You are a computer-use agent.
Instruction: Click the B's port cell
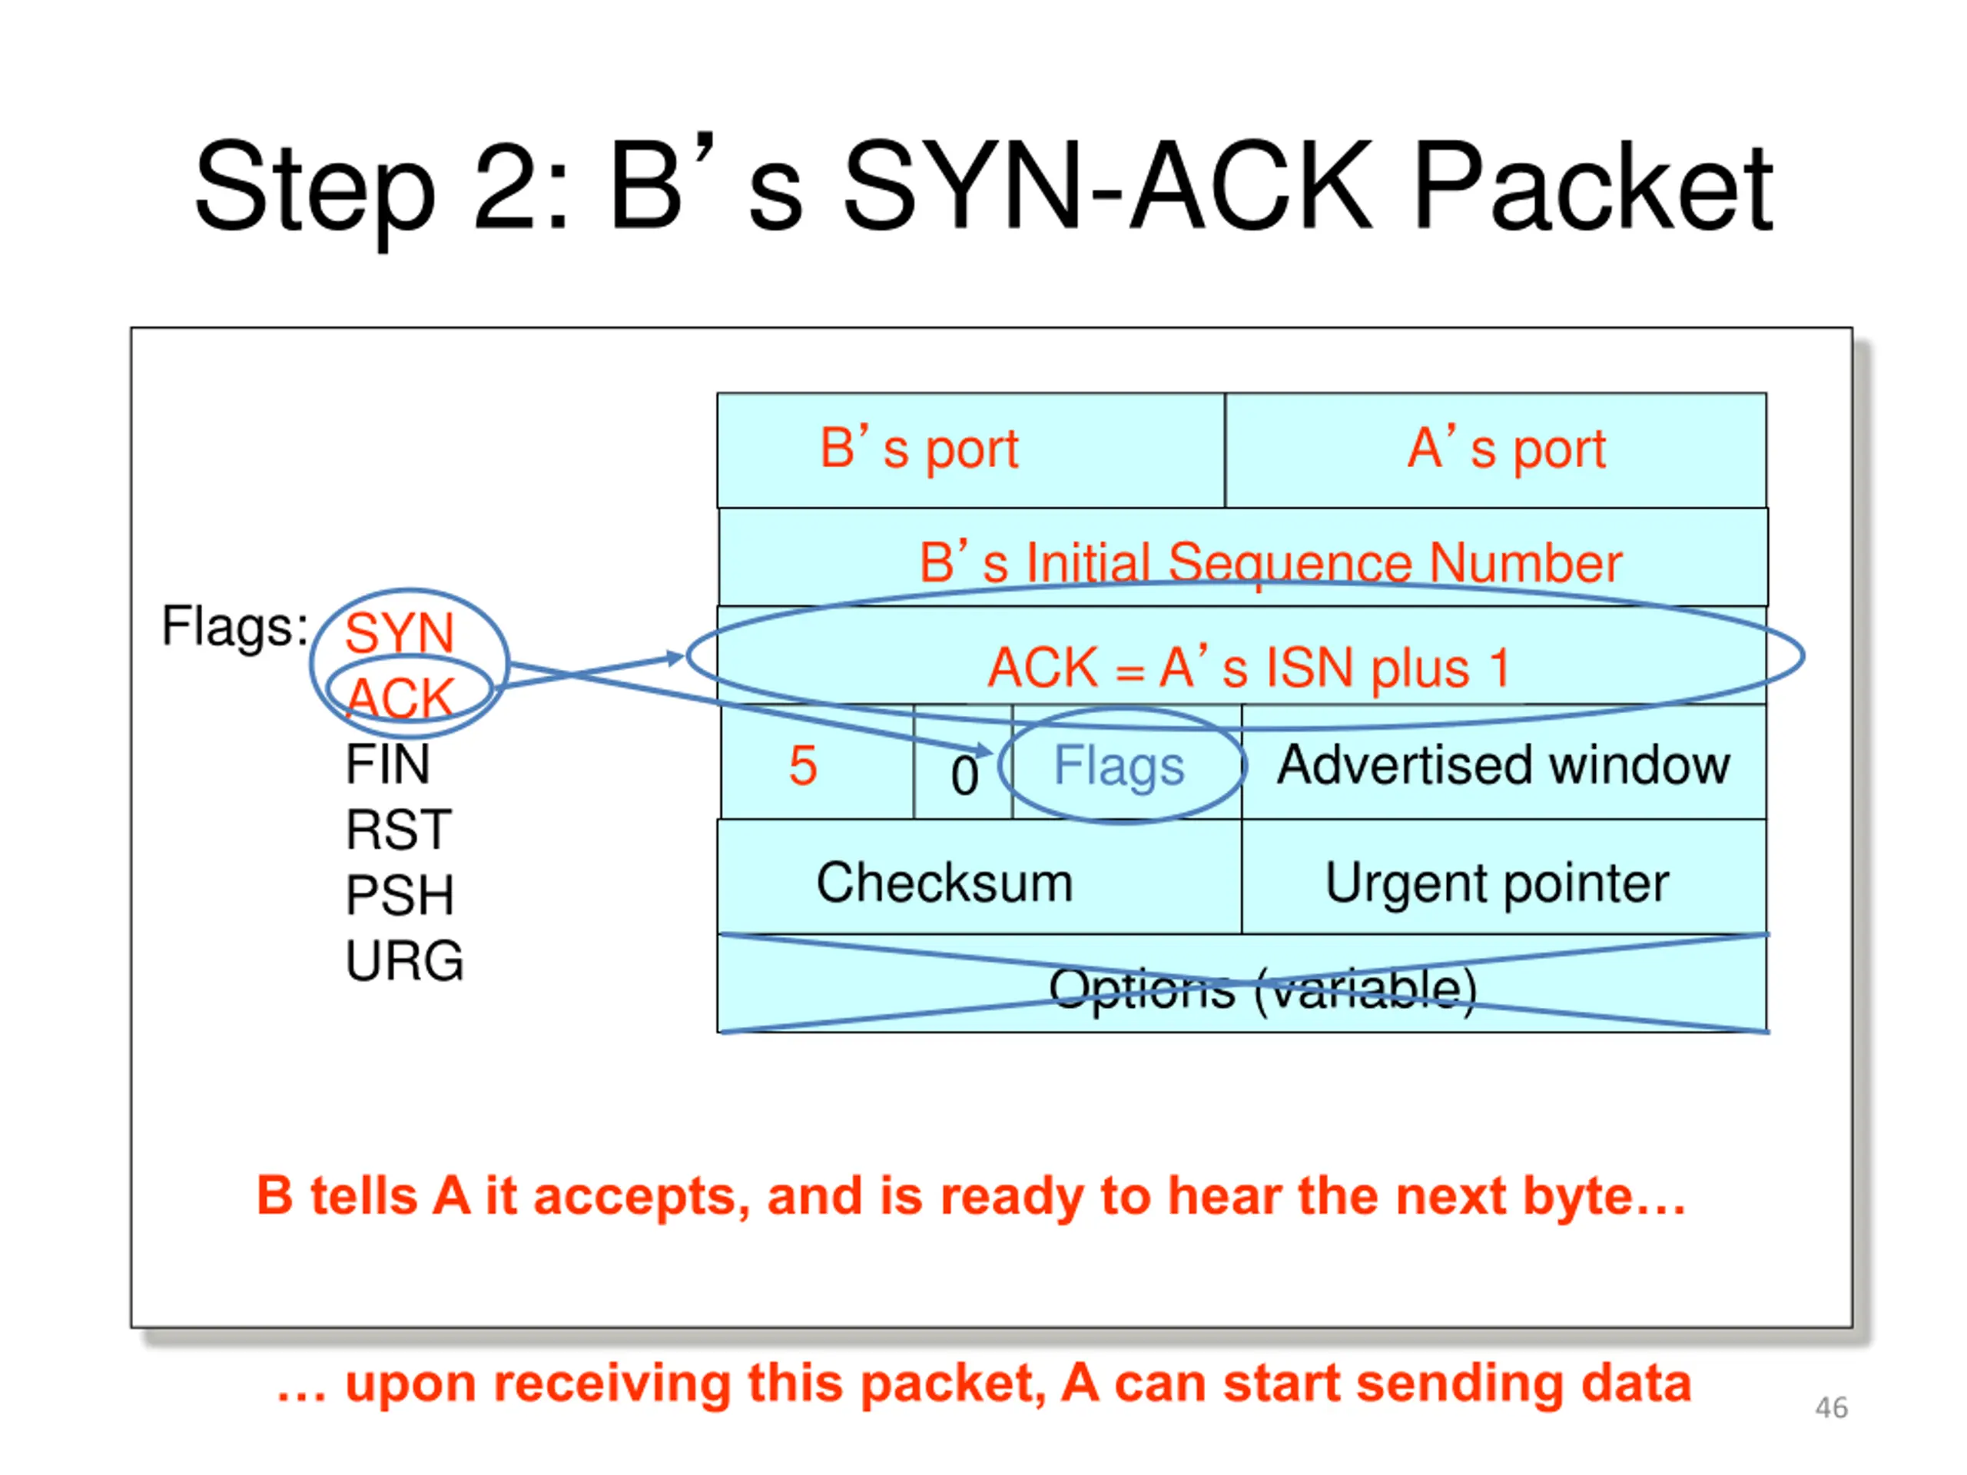pos(971,450)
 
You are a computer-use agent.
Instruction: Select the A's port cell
pos(1496,450)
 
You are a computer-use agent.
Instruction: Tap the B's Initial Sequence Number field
pos(1243,558)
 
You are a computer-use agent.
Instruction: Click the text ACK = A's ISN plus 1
pos(1249,668)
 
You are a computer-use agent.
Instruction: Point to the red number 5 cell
pos(818,763)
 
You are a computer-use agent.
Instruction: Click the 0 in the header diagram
pos(964,774)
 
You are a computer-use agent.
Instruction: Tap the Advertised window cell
pos(1504,763)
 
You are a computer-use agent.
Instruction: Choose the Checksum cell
pos(979,877)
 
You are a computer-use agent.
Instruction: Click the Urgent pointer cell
pos(1504,877)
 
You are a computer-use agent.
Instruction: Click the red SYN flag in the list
pos(400,632)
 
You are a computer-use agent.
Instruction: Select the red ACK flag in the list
pos(400,697)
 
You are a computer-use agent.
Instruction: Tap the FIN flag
pos(388,764)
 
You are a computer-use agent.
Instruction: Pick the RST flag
pos(398,830)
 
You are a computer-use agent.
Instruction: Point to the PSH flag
pos(400,895)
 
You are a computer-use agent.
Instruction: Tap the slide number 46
pos(1831,1408)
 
